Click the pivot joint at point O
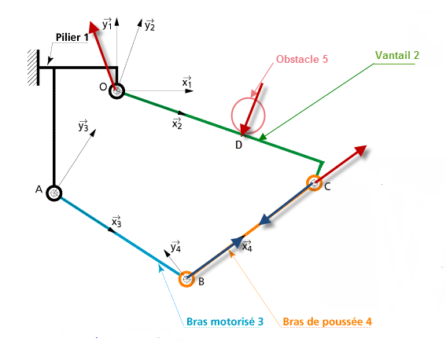click(116, 91)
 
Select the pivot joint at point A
click(54, 193)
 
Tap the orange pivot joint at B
click(186, 279)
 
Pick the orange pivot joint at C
click(315, 183)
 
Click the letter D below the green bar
click(238, 145)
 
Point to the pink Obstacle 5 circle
click(232, 116)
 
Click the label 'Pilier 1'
click(72, 37)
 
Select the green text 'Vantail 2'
click(397, 55)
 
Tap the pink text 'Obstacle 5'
click(302, 59)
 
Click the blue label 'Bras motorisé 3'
click(225, 321)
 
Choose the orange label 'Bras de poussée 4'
click(327, 321)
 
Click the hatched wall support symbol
click(34, 68)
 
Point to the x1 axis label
click(187, 82)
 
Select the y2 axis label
click(149, 25)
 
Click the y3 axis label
click(83, 126)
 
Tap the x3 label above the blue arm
click(116, 222)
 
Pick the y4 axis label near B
click(175, 246)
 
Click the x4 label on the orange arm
click(247, 246)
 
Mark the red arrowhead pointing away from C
click(360, 151)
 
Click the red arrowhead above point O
click(94, 28)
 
